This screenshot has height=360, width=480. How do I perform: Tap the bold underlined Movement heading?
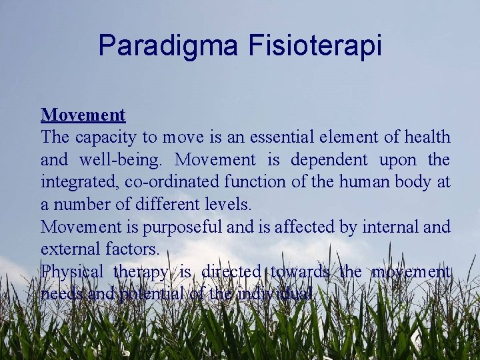click(83, 115)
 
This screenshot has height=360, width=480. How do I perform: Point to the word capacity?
click(100, 138)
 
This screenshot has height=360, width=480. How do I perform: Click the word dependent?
click(329, 160)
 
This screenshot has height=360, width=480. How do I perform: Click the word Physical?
click(72, 272)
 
